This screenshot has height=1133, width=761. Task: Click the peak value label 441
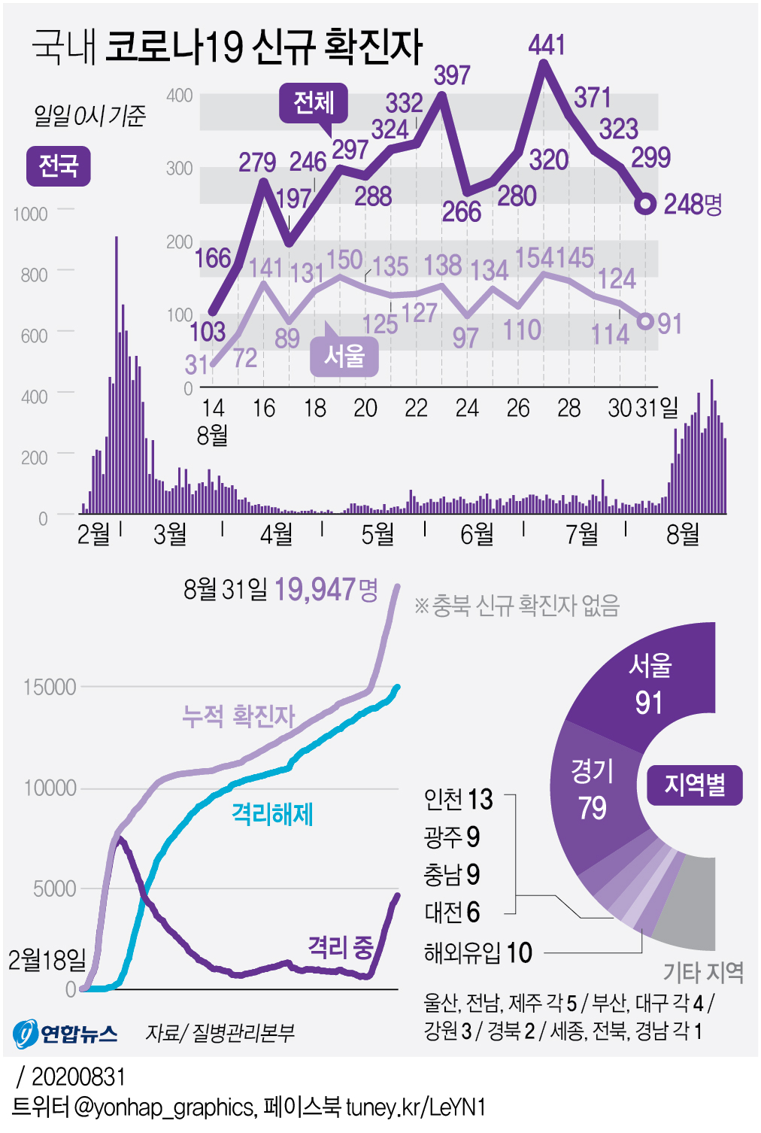[547, 45]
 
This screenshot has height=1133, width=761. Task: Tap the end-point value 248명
[693, 204]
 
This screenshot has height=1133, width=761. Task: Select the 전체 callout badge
[313, 102]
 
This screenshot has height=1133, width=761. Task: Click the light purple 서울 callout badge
[344, 356]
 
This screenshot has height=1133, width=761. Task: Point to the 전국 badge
[59, 166]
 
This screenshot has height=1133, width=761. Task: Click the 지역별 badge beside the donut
[694, 785]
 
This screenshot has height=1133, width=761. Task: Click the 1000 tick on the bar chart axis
[30, 214]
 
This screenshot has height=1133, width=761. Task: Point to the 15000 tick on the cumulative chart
[50, 687]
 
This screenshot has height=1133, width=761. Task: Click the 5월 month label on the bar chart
[377, 534]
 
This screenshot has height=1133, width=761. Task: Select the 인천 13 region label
[458, 799]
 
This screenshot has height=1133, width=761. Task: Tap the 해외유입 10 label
[478, 953]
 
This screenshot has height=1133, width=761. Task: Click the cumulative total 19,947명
[326, 589]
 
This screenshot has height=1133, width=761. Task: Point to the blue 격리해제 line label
[272, 814]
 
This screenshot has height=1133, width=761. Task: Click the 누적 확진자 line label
[238, 715]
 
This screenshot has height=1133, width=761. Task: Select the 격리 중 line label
[341, 947]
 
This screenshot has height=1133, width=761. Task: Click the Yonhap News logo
[65, 1033]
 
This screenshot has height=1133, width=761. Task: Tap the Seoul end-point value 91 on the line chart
[669, 324]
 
